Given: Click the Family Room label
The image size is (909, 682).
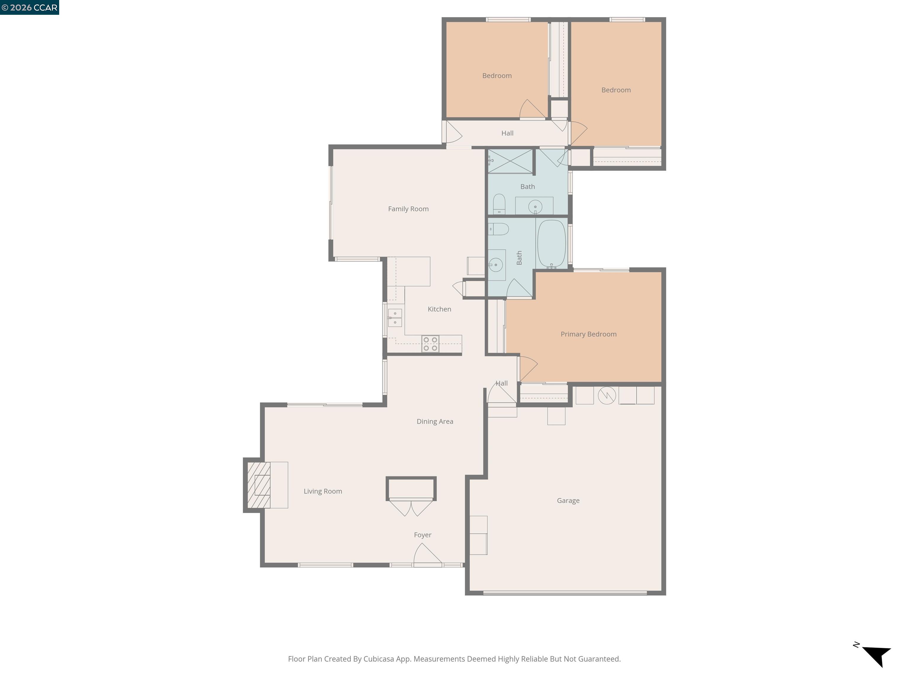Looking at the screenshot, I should point(408,209).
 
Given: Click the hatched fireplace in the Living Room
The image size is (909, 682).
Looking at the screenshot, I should point(259,485).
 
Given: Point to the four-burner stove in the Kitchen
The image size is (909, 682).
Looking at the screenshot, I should point(430,344).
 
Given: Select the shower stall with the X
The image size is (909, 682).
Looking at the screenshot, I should point(510,161).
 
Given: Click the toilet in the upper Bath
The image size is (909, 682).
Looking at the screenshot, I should point(499,204).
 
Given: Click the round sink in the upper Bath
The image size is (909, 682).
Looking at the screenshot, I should point(535,206).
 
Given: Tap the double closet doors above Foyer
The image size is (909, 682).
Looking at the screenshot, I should point(411,507).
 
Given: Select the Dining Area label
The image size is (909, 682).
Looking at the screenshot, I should point(435,422).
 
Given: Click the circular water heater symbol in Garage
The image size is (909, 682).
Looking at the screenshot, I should point(607,395).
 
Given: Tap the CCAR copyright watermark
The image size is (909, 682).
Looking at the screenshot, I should point(30,7).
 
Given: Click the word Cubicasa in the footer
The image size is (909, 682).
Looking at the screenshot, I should point(378,659).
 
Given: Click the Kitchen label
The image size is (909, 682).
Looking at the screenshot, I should point(439,309).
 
